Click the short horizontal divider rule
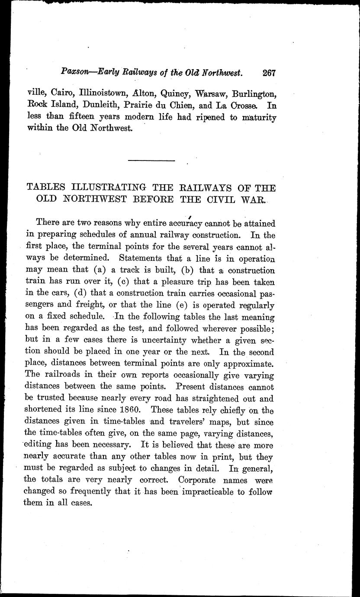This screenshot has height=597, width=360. click(x=151, y=161)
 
